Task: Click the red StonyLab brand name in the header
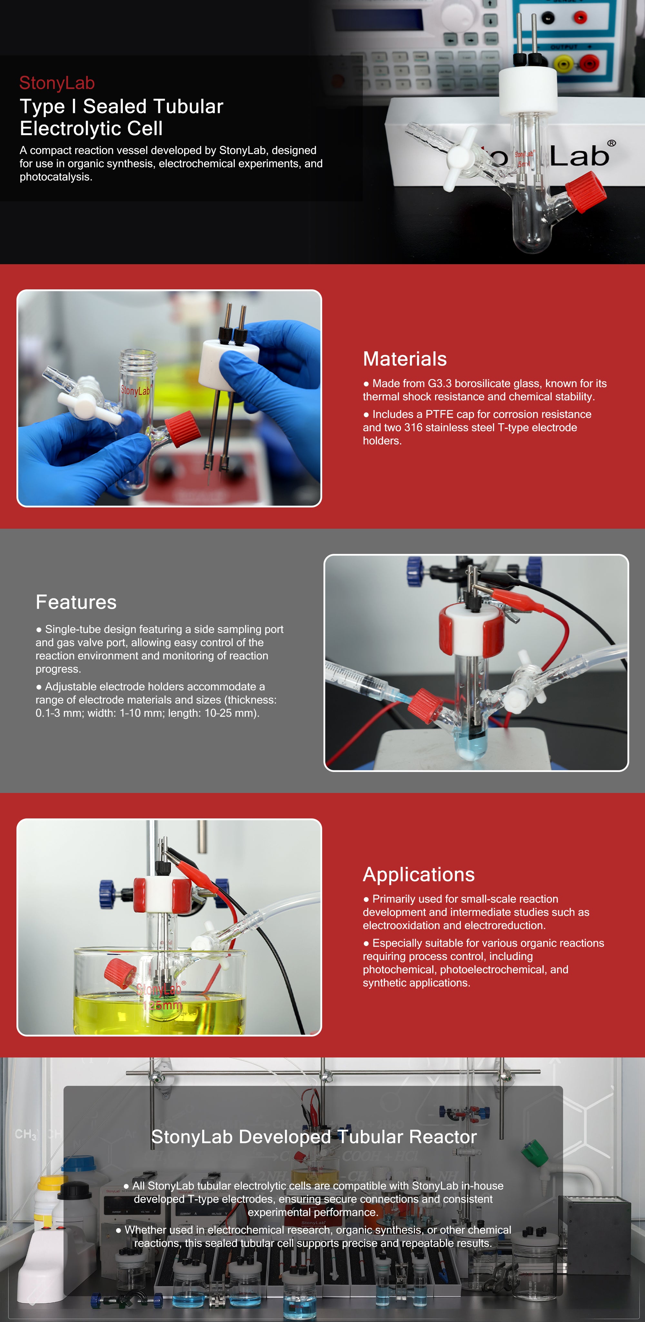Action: point(57,83)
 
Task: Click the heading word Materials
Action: point(405,359)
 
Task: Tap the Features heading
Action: point(76,602)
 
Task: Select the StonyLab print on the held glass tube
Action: point(135,390)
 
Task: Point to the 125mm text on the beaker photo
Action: point(162,1005)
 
